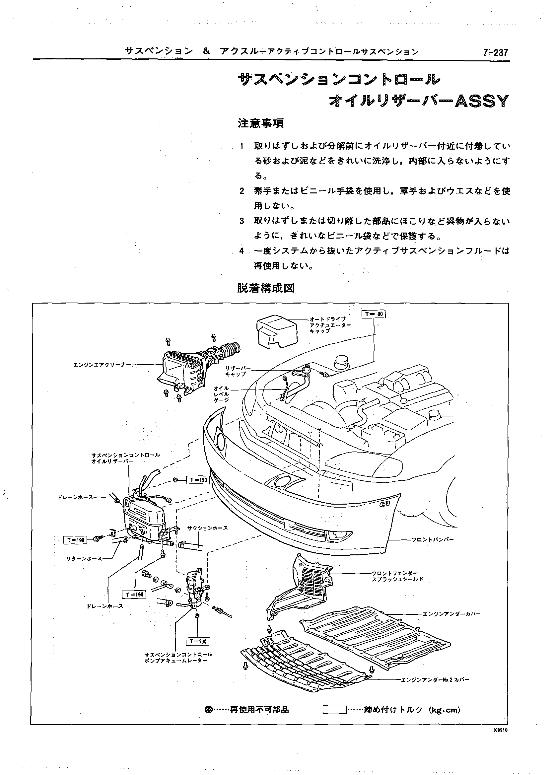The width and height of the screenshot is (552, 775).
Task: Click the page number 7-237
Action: click(495, 53)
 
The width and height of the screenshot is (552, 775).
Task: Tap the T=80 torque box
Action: click(374, 314)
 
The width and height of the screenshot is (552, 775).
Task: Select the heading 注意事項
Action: click(261, 123)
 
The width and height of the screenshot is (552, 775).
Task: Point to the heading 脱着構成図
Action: click(265, 288)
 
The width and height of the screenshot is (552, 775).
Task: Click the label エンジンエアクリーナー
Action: click(102, 365)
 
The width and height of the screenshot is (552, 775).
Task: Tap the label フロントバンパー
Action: click(432, 539)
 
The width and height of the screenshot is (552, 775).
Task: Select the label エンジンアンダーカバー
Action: click(451, 614)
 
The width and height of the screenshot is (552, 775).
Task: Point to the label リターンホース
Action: click(84, 558)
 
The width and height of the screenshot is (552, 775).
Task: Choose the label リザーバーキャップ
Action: click(235, 371)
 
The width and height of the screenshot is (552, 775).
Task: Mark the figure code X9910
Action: click(501, 730)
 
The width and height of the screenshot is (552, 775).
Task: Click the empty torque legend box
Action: click(334, 710)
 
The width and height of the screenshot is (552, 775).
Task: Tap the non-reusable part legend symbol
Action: click(209, 710)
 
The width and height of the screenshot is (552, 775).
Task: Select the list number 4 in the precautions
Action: click(242, 251)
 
